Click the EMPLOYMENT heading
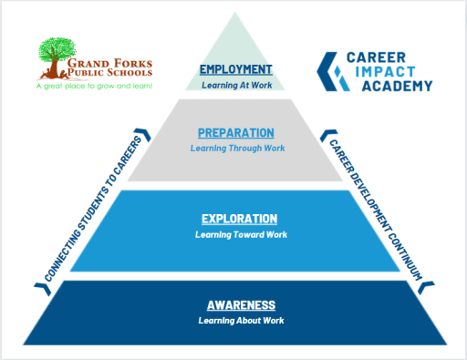tap(236, 69)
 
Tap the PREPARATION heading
tap(236, 132)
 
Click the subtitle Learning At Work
tap(236, 85)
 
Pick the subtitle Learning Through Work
tap(236, 148)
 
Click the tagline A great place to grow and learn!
tap(94, 86)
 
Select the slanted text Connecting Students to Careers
tap(89, 207)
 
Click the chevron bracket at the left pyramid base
tap(38, 286)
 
